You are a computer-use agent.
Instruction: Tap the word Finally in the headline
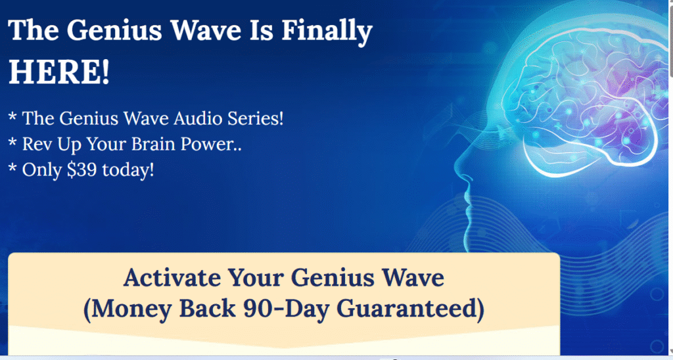[327, 32]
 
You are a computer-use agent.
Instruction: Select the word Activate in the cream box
[172, 278]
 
